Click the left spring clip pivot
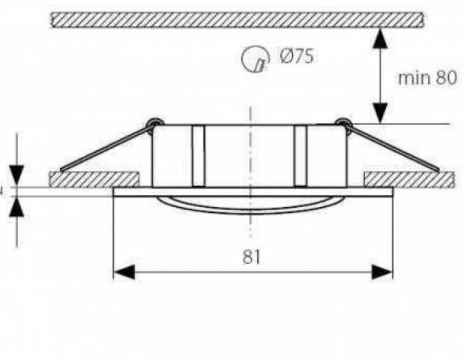click(153, 121)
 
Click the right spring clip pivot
click(341, 121)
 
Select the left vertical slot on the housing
click(198, 156)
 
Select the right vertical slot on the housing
click(301, 156)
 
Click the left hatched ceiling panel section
click(94, 179)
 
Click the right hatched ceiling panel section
click(409, 179)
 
